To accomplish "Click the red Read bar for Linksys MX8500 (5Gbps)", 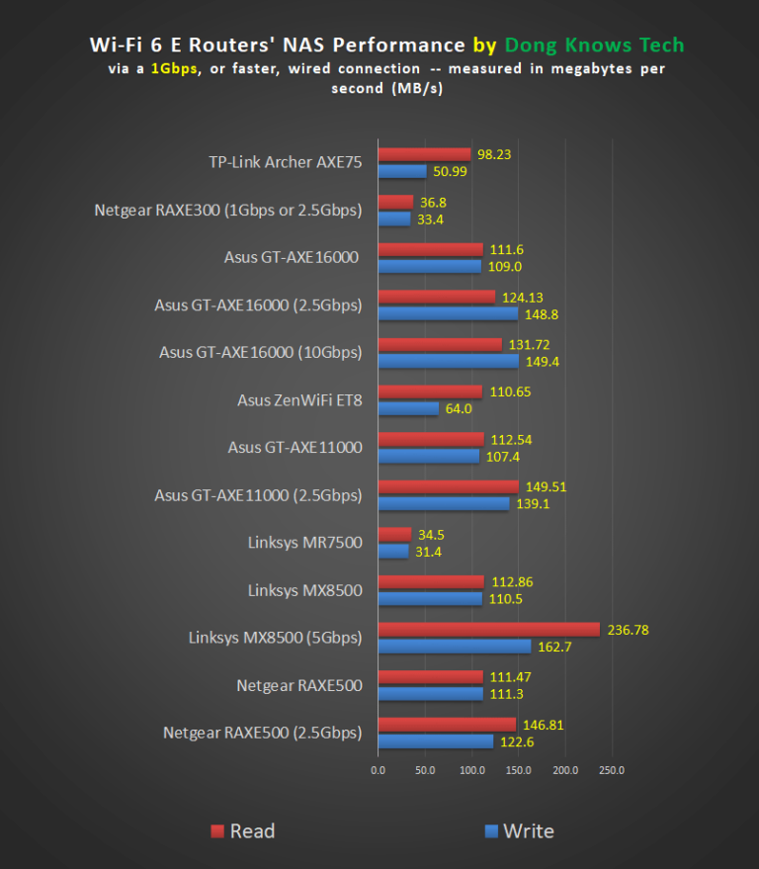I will pyautogui.click(x=489, y=630).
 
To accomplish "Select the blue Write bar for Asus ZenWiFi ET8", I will pyautogui.click(x=408, y=408).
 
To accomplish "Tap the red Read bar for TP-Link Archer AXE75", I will pyautogui.click(x=424, y=155).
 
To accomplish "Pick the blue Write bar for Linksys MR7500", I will pyautogui.click(x=393, y=551).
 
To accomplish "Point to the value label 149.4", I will pyautogui.click(x=540, y=361).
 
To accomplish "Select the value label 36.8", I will pyautogui.click(x=431, y=203).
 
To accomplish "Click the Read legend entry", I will pyautogui.click(x=242, y=830).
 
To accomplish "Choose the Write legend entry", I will pyautogui.click(x=518, y=830).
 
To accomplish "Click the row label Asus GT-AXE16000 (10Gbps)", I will pyautogui.click(x=261, y=352).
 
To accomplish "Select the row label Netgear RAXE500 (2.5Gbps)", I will pyautogui.click(x=262, y=733).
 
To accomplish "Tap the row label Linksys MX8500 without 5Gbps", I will pyautogui.click(x=304, y=590).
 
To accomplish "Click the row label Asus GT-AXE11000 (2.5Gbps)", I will pyautogui.click(x=258, y=494).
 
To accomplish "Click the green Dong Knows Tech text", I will pyautogui.click(x=594, y=45).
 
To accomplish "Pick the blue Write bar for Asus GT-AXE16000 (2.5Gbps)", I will pyautogui.click(x=449, y=313).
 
